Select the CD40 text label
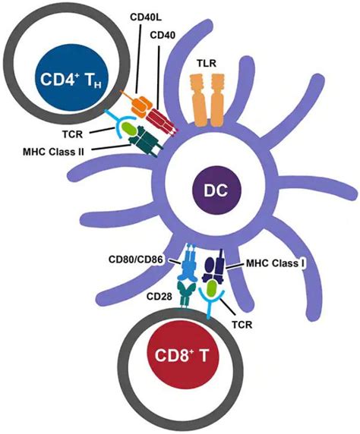[162, 35]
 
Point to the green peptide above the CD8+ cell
[209, 289]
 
